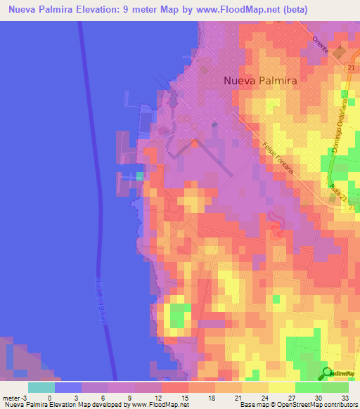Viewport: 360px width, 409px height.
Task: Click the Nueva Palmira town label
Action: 260,80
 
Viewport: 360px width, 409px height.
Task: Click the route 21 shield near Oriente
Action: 349,67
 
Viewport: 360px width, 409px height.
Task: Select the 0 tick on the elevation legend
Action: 55,397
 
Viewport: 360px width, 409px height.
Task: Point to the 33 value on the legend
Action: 345,397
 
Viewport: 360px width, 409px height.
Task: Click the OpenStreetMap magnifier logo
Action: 328,373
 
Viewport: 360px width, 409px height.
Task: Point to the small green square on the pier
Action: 139,176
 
